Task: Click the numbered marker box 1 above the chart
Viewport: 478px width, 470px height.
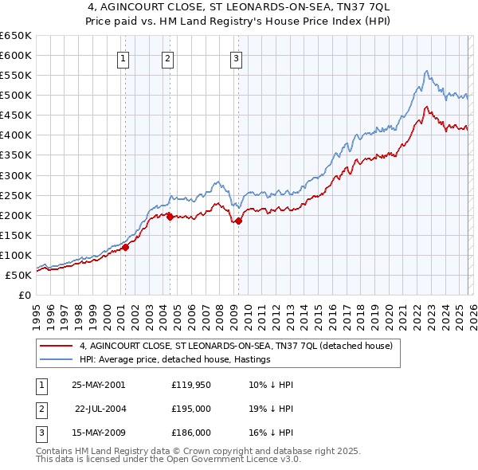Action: click(124, 57)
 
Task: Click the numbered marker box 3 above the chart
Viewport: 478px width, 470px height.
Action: click(237, 57)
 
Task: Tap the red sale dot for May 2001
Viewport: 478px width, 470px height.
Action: click(126, 247)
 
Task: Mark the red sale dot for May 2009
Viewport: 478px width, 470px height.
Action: click(238, 221)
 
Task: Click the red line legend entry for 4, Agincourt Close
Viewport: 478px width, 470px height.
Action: click(236, 347)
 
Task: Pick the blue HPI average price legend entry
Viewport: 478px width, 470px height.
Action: click(175, 360)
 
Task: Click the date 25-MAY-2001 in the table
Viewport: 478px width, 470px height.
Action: click(98, 385)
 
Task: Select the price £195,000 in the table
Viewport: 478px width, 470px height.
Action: click(191, 409)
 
